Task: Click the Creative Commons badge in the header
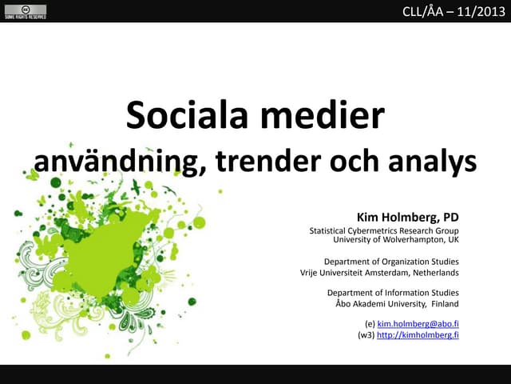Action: (24, 11)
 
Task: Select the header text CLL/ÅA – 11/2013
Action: (453, 11)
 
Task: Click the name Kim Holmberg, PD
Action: (407, 216)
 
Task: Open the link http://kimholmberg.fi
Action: (417, 334)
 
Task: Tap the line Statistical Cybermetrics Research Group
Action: (383, 230)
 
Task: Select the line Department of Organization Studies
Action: (390, 261)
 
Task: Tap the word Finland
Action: (444, 304)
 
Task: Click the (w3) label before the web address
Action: (366, 334)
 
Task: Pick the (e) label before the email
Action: (369, 323)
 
